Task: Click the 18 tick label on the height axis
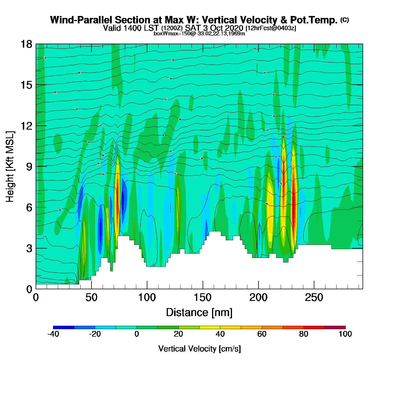[26, 44]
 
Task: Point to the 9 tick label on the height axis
[29, 167]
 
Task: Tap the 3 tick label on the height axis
[29, 249]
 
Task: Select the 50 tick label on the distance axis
[91, 298]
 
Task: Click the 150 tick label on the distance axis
[203, 298]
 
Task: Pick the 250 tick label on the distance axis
[314, 298]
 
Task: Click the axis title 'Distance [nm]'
[199, 313]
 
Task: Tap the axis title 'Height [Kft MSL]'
[10, 167]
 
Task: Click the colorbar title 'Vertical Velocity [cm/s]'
[199, 349]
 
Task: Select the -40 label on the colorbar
[53, 334]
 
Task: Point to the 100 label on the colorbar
[345, 334]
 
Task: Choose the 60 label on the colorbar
[262, 334]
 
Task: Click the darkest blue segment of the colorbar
[64, 327]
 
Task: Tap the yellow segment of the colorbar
[209, 327]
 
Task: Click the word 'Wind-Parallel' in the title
[81, 20]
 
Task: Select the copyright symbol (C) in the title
[345, 20]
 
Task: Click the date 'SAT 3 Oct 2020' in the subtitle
[214, 28]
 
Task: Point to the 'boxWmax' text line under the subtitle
[199, 33]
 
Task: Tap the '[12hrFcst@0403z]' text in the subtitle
[271, 28]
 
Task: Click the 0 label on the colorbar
[137, 334]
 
